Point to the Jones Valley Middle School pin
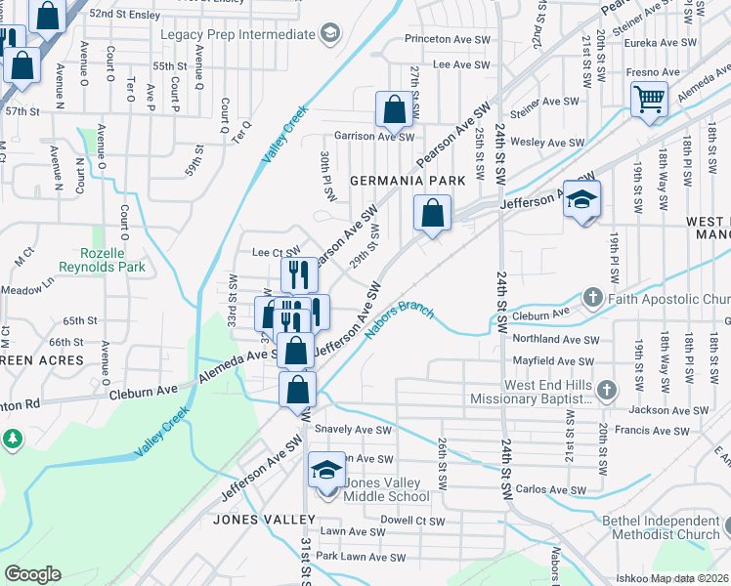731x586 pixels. click(x=326, y=471)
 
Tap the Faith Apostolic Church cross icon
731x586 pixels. click(x=592, y=297)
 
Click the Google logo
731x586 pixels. click(x=32, y=574)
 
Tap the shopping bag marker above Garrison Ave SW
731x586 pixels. click(x=394, y=111)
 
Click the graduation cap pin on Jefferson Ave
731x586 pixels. click(x=581, y=200)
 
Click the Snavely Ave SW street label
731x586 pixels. click(x=353, y=430)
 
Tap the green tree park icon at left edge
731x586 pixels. click(x=12, y=439)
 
